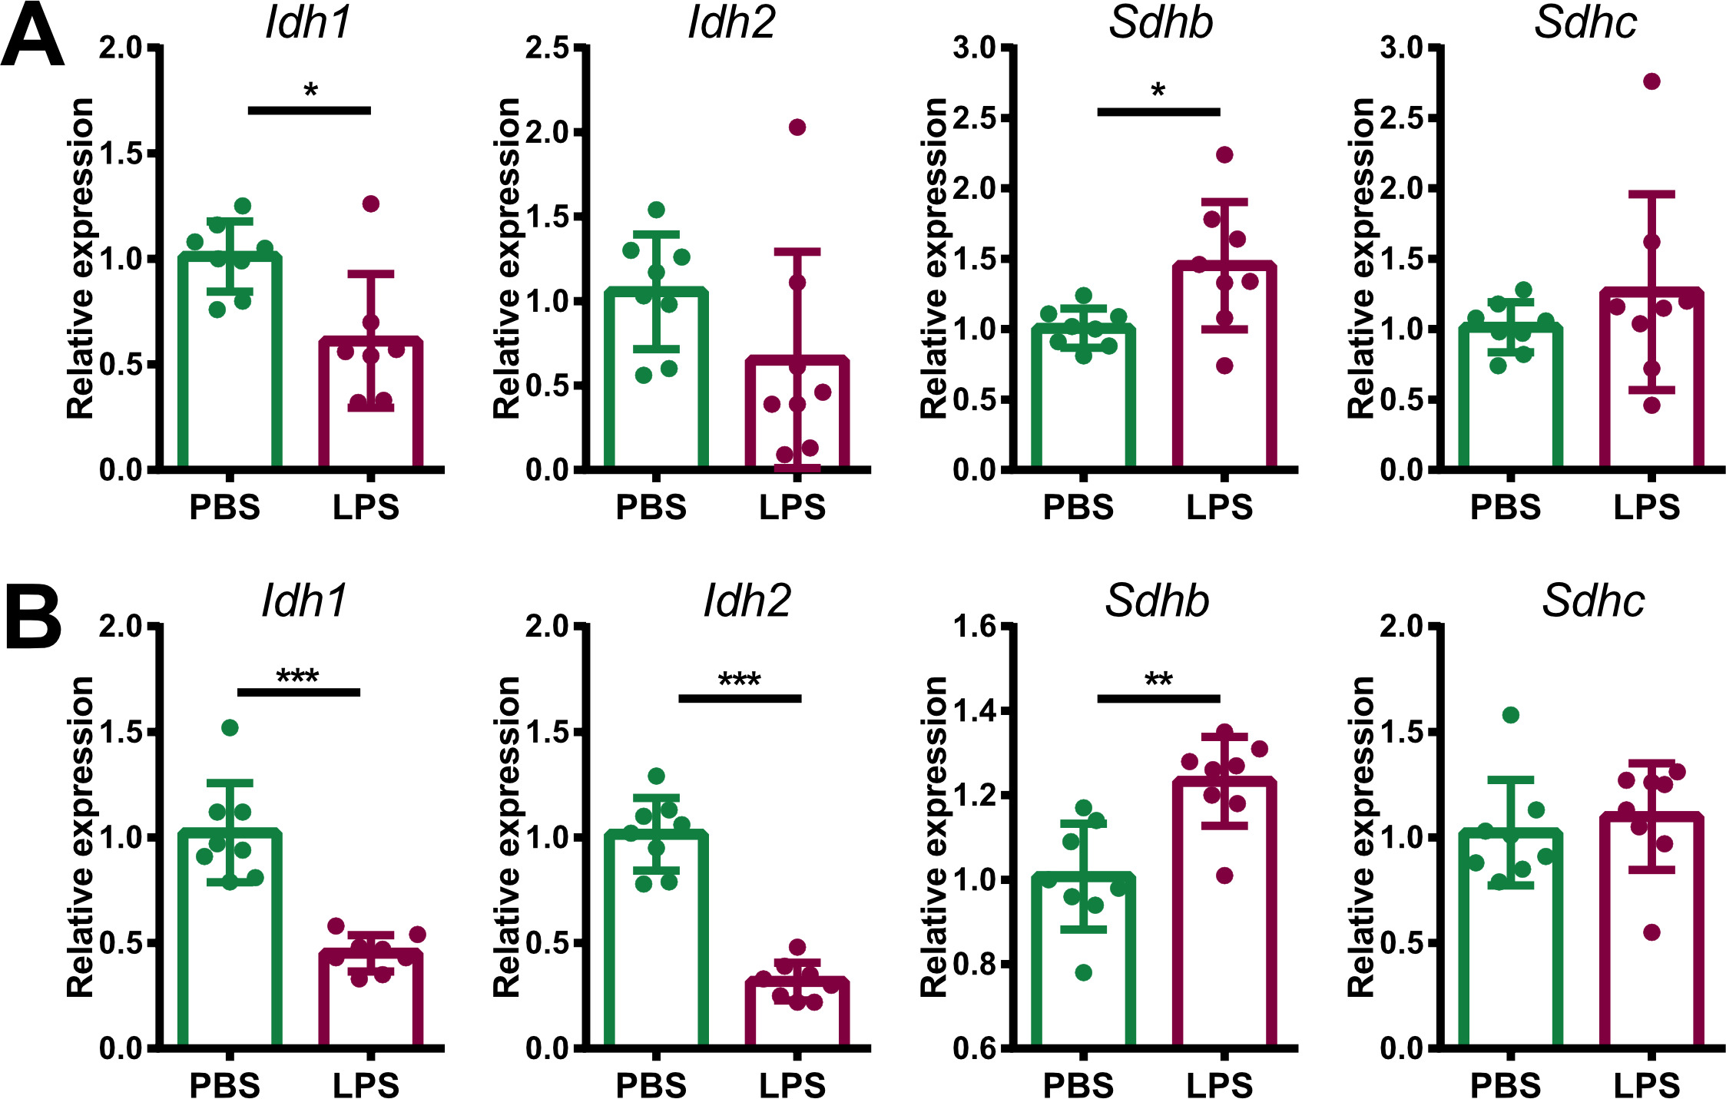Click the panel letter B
[32, 618]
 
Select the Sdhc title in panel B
[1593, 601]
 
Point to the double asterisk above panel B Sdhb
[1158, 679]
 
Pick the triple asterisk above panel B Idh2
[739, 679]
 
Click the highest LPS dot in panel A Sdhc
[1651, 81]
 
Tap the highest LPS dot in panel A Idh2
[797, 127]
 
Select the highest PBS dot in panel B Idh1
[230, 727]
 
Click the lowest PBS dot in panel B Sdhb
[1083, 973]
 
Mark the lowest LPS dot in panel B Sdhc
[1651, 932]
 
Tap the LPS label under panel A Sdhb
[1219, 508]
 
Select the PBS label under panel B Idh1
[224, 1085]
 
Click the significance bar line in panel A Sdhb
[1158, 112]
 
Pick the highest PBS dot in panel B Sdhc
[1510, 715]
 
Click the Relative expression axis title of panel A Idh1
[81, 258]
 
